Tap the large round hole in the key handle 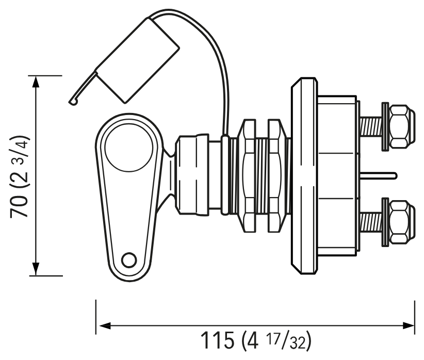pos(129,148)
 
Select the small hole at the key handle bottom pos(129,260)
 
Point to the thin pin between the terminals pos(379,175)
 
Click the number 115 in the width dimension pos(217,340)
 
